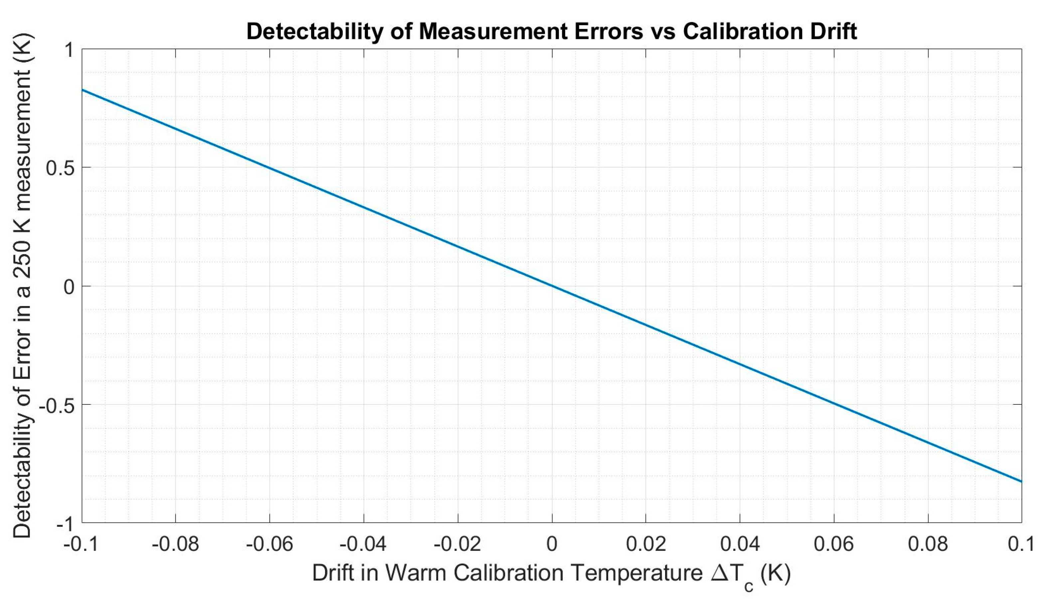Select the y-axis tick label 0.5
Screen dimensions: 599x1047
pos(60,168)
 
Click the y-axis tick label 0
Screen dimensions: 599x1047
pos(69,287)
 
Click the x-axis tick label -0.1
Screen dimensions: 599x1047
pos(82,544)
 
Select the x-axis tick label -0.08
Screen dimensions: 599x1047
pos(175,544)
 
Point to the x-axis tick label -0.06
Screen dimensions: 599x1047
pos(269,544)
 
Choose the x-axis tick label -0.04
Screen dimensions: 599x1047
pos(363,544)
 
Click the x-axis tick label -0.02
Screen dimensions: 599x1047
pos(457,544)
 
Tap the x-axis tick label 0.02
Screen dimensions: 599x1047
pos(646,544)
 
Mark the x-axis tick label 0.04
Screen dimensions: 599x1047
pos(740,544)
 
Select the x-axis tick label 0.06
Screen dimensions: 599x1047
pos(834,544)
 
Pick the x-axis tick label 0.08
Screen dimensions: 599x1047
pos(928,544)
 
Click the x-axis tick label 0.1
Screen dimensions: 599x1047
pos(1021,544)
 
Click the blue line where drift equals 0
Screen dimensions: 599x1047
pos(552,286)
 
